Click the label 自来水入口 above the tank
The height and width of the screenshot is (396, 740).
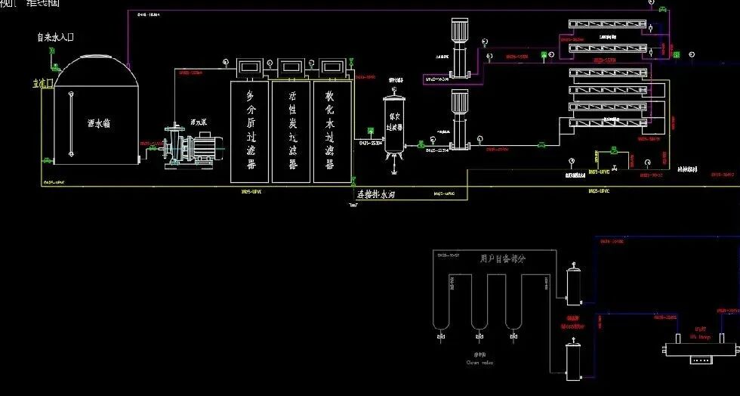55,36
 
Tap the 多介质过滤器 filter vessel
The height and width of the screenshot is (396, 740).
250,128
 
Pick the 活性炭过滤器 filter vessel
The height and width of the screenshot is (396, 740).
291,128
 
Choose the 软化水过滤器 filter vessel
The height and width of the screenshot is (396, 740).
332,128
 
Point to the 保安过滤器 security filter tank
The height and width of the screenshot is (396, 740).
393,124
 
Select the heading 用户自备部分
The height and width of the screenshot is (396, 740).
501,258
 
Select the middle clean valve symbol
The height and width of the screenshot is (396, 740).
478,332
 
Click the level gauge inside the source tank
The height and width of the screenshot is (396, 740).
70,124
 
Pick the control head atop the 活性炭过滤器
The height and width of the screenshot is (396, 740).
291,66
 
